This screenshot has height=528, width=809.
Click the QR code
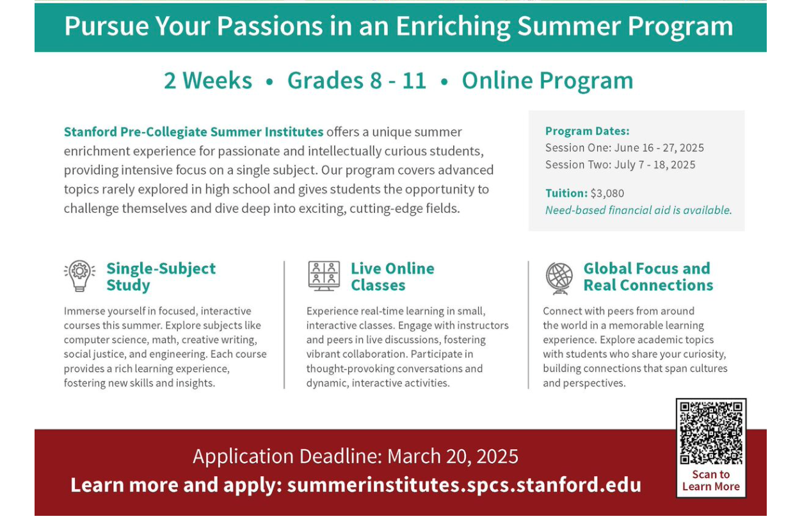click(711, 433)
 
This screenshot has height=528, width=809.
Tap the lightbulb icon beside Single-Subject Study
click(80, 276)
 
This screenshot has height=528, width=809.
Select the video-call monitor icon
click(324, 276)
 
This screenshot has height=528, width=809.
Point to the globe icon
click(559, 277)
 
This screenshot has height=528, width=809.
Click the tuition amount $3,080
click(607, 194)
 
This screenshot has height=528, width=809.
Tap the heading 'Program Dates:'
click(588, 131)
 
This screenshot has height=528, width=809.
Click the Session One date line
click(625, 148)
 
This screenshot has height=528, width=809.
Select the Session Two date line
click(620, 165)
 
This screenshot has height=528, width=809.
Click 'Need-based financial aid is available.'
click(639, 210)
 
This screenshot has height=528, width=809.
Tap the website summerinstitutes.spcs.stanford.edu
click(464, 485)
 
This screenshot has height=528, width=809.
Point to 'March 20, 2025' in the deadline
click(453, 456)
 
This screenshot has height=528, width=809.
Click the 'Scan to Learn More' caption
click(711, 481)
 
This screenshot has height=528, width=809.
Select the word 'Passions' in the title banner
click(270, 26)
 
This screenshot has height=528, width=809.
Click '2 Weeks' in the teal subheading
click(208, 80)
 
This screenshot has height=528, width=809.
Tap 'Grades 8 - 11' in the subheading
click(357, 80)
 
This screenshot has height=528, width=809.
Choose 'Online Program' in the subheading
click(548, 81)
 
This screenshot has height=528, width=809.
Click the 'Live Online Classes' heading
click(392, 277)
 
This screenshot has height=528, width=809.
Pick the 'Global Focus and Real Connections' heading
click(648, 277)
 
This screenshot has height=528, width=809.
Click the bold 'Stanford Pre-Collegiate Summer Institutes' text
click(193, 132)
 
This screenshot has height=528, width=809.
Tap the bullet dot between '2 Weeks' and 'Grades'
click(269, 82)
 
